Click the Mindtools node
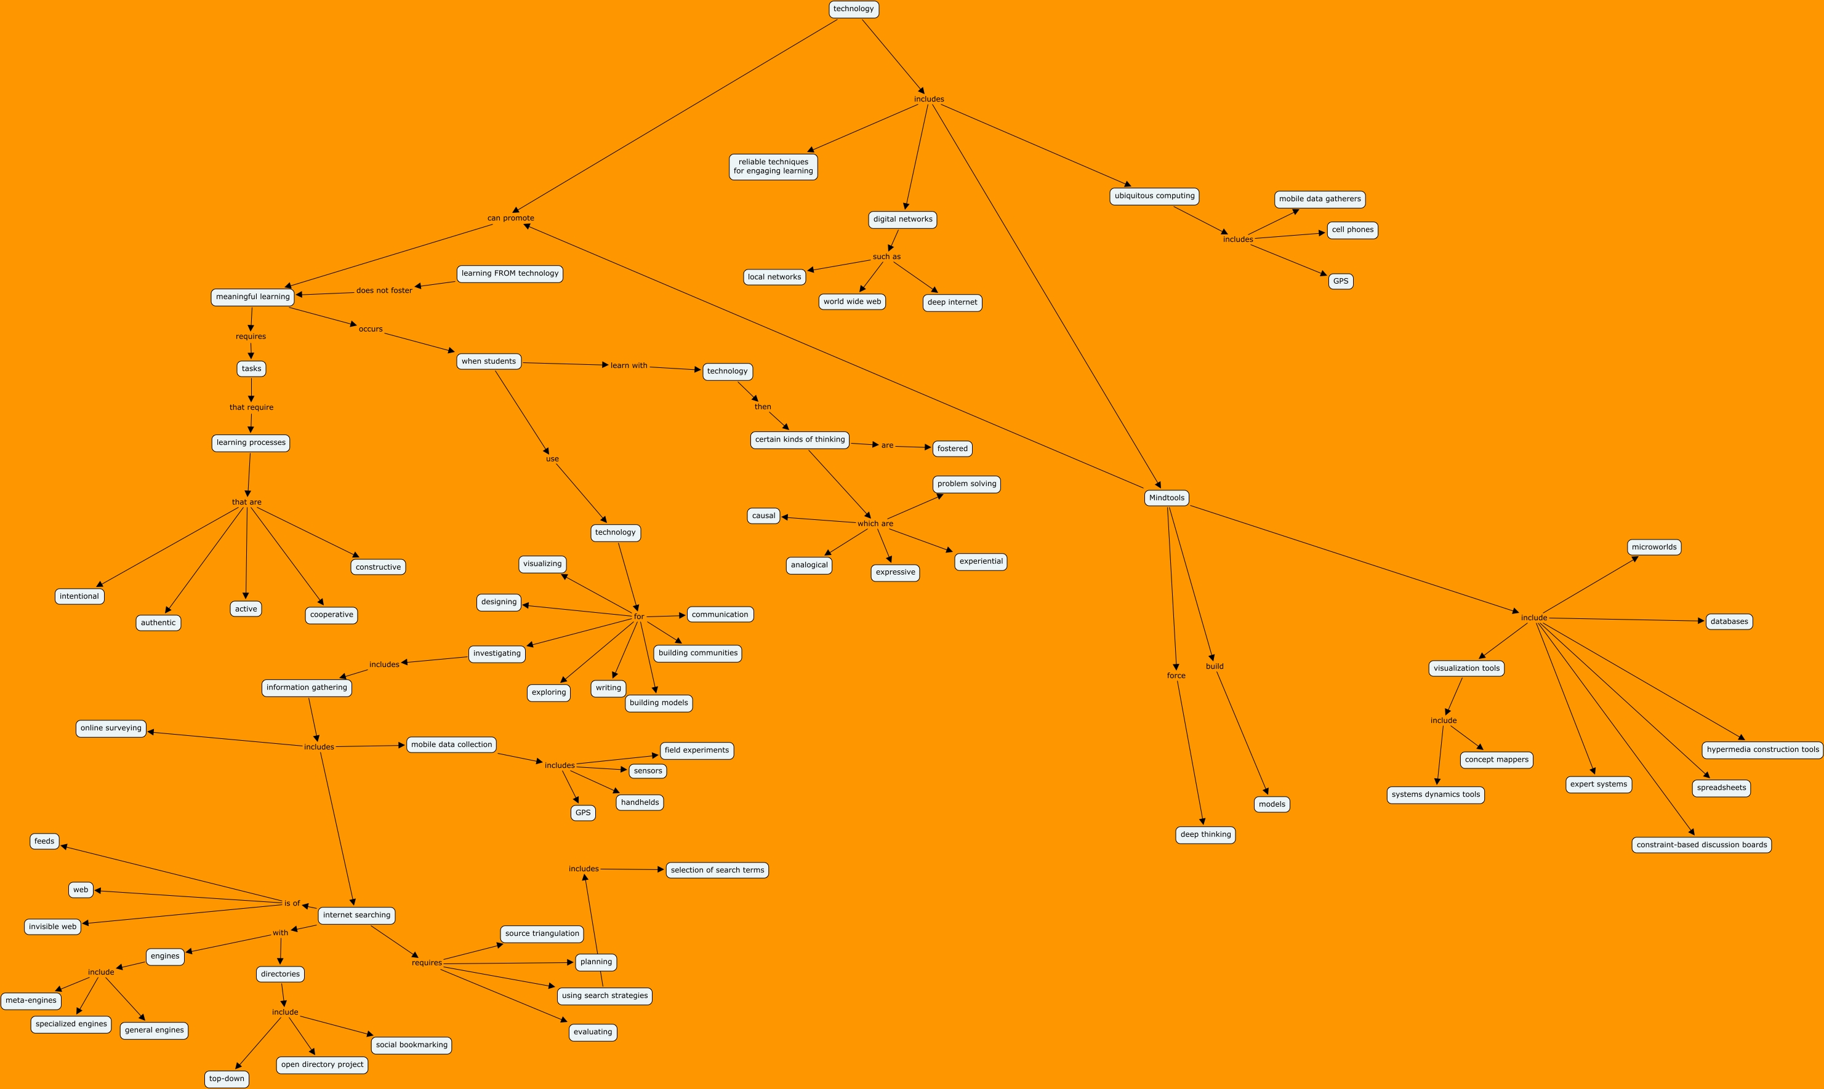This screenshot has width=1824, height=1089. click(1167, 498)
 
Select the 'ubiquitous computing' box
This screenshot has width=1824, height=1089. click(1154, 196)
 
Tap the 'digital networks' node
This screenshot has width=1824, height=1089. click(902, 220)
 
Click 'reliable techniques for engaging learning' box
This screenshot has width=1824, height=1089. click(773, 167)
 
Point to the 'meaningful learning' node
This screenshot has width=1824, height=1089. click(252, 297)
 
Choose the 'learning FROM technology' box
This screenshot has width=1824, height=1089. click(509, 274)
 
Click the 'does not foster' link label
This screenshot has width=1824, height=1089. click(384, 290)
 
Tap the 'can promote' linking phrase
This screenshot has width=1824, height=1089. click(511, 218)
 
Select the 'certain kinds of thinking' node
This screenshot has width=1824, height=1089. click(799, 439)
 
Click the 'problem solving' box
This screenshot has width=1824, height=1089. click(966, 484)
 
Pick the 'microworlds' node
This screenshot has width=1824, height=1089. click(1653, 548)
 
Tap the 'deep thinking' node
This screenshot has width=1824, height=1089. click(1205, 835)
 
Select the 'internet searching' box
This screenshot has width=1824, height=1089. click(356, 915)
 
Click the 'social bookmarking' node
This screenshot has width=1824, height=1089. click(411, 1045)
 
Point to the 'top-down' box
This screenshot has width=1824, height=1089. click(227, 1079)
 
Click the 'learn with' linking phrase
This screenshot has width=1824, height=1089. click(629, 365)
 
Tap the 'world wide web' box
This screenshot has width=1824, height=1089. click(851, 301)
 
